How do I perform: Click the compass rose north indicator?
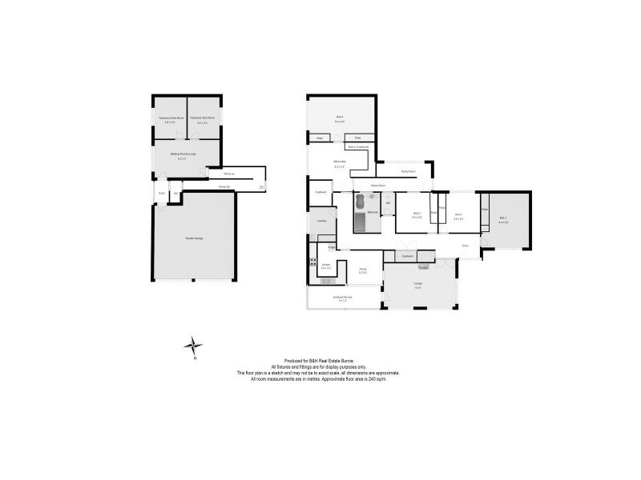(x=194, y=346)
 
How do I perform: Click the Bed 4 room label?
(x=339, y=120)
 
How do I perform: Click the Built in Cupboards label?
(x=357, y=147)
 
